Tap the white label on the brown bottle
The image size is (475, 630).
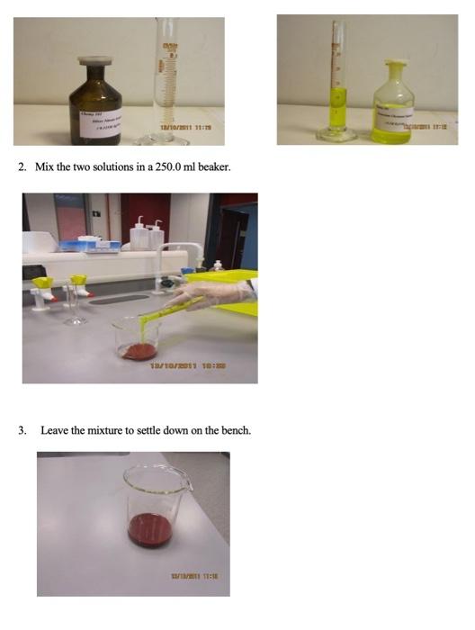(101, 117)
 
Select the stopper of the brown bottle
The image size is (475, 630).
(94, 61)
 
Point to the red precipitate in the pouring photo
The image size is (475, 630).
(139, 350)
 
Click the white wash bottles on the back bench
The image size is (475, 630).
(145, 236)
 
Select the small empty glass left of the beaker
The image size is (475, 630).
(76, 306)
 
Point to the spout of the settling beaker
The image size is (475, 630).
(188, 474)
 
